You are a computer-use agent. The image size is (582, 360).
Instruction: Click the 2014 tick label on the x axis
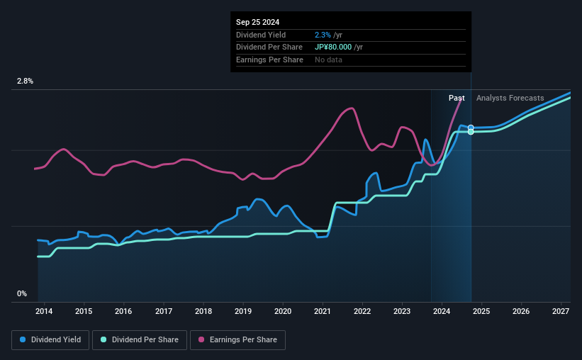(44, 311)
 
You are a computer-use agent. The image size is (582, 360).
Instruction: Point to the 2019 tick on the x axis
(243, 311)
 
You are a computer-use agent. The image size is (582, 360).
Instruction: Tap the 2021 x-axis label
(323, 311)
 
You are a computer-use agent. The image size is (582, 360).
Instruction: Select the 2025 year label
(481, 311)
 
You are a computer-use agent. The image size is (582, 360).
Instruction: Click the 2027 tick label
(561, 311)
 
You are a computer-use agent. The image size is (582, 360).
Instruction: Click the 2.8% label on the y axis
(25, 81)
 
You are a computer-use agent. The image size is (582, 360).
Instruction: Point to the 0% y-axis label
(22, 293)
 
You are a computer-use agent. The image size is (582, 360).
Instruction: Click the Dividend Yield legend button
(50, 340)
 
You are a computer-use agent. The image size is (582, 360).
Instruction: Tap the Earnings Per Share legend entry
(238, 340)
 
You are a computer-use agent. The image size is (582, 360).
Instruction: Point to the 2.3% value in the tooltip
(322, 35)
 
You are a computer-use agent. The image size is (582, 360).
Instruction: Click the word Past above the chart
(457, 98)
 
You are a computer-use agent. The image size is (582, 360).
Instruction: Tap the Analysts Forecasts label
(510, 98)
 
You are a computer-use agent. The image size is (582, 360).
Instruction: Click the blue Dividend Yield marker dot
(471, 128)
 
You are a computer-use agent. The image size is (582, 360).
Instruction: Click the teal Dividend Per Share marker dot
(471, 132)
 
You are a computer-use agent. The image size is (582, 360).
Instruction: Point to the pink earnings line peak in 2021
(349, 108)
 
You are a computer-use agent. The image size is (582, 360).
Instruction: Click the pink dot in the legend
(201, 340)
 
